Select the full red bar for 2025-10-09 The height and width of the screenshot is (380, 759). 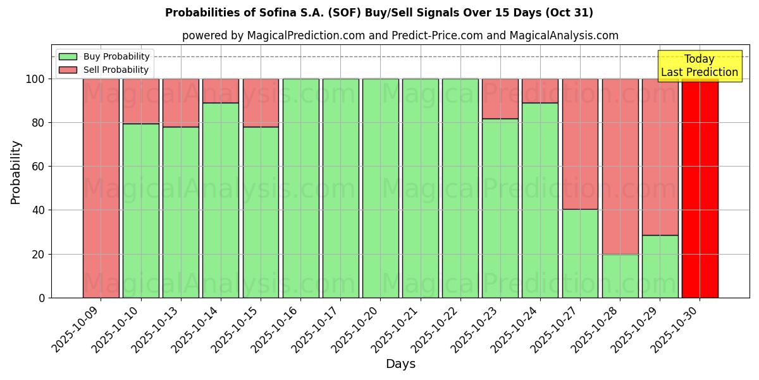pos(101,188)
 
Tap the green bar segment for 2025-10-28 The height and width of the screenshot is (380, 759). pos(620,275)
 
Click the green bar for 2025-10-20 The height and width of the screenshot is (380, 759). pos(380,188)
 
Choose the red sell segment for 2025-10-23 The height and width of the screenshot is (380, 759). pos(500,99)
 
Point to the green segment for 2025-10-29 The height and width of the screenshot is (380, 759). pos(660,266)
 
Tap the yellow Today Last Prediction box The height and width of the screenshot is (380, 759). pos(700,66)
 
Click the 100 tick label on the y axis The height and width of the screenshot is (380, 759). pos(35,79)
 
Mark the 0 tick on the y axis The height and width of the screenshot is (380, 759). pos(41,298)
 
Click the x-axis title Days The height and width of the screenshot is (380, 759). pos(400,364)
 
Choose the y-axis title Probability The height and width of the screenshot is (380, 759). pos(16,172)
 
